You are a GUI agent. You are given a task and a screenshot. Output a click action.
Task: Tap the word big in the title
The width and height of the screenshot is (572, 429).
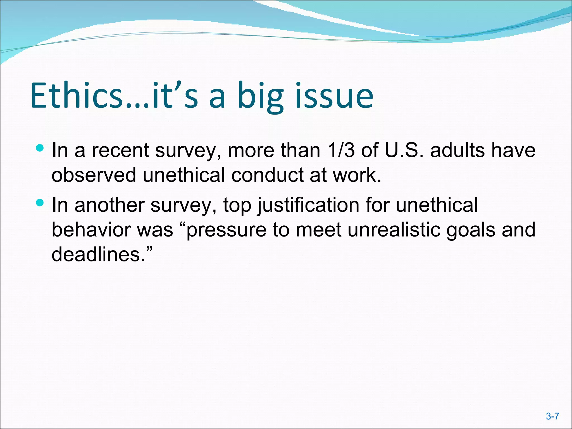point(260,96)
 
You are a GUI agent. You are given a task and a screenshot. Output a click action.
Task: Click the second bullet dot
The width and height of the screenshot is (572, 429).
point(40,202)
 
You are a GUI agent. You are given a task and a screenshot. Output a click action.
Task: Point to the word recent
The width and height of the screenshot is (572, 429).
point(120,150)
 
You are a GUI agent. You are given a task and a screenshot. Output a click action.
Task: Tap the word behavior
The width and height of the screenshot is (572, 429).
point(91,230)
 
